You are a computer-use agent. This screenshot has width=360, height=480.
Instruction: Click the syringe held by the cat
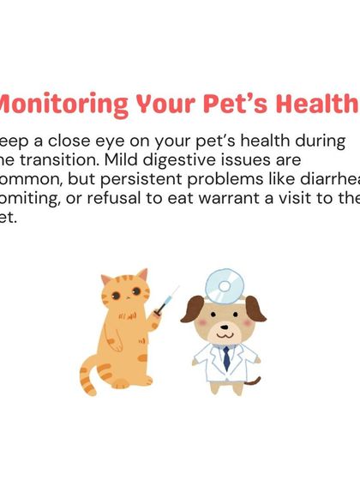pos(166,300)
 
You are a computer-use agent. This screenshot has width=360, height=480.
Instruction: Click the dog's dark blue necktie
pos(225,357)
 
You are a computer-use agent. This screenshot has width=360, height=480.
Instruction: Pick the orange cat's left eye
pos(116,297)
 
